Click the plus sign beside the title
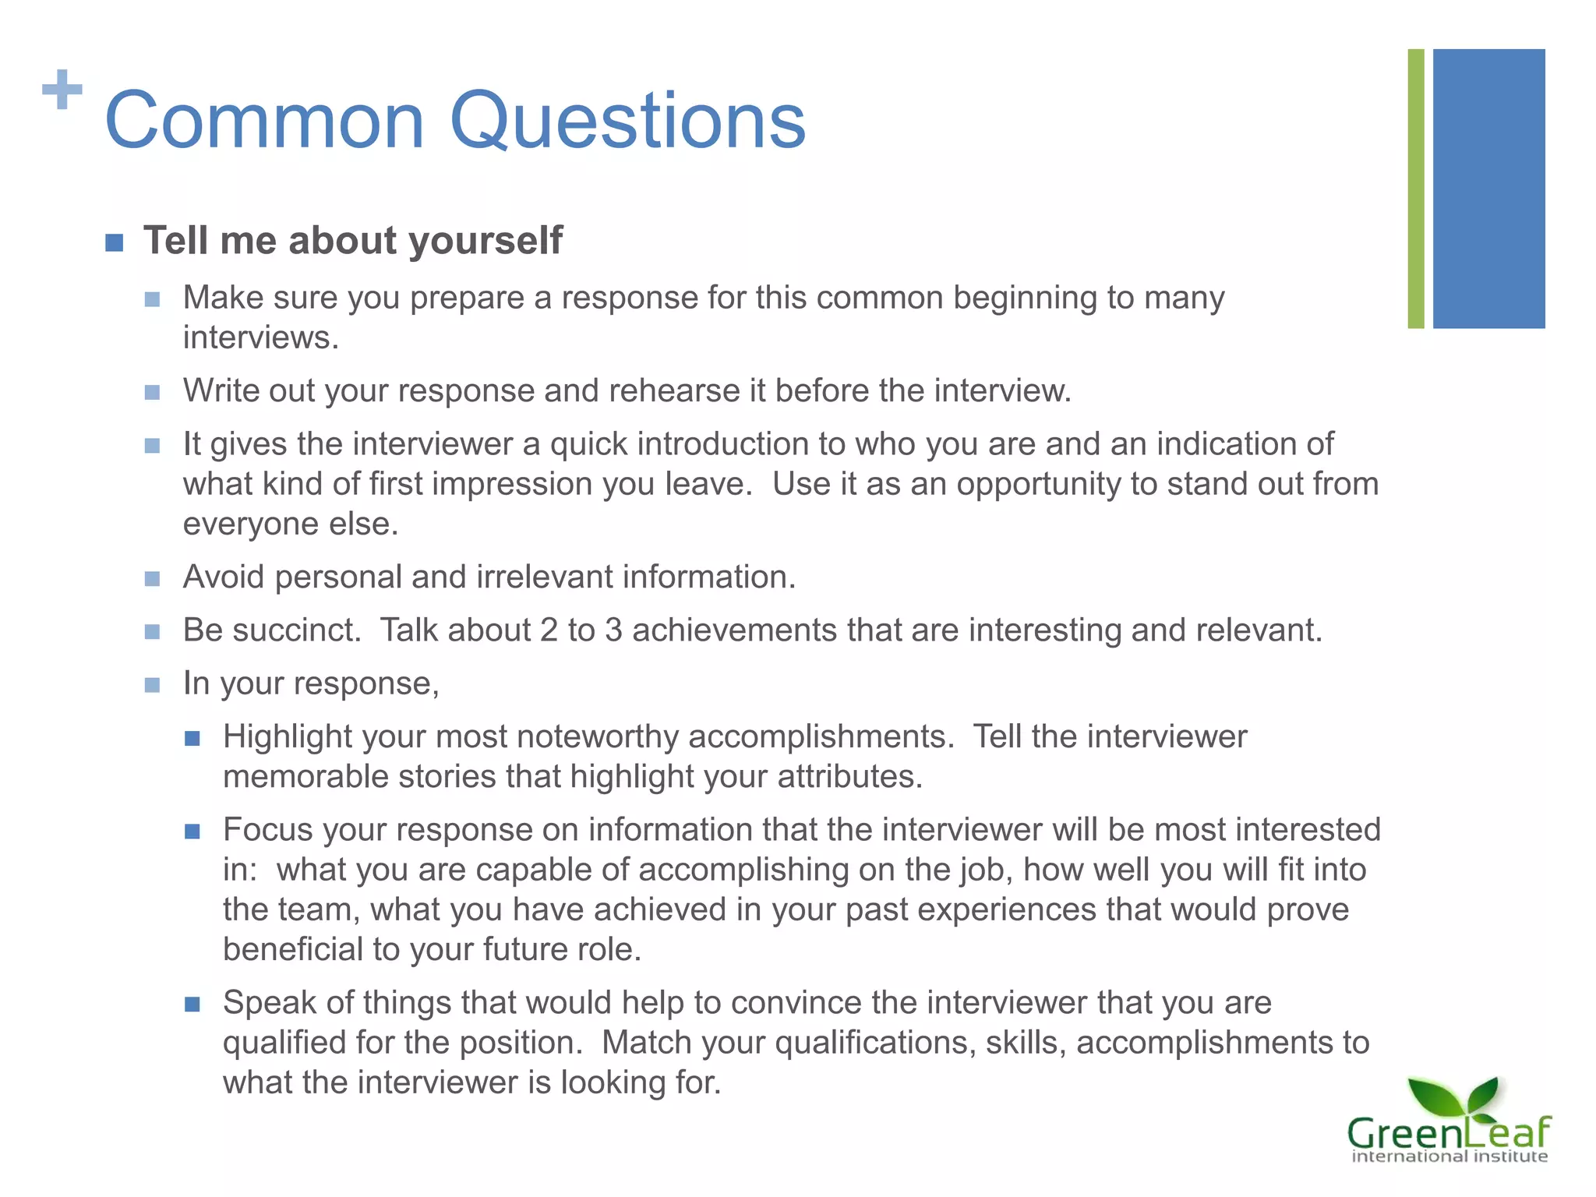[x=62, y=90]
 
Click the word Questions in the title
[x=627, y=121]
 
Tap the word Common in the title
[x=264, y=121]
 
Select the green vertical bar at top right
[x=1415, y=189]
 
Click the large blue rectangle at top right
[x=1488, y=189]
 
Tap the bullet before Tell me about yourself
[x=115, y=242]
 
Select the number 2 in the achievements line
[x=549, y=630]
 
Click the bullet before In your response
[x=153, y=685]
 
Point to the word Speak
[x=270, y=1002]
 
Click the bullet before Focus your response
[x=192, y=832]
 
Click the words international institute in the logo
[x=1449, y=1156]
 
